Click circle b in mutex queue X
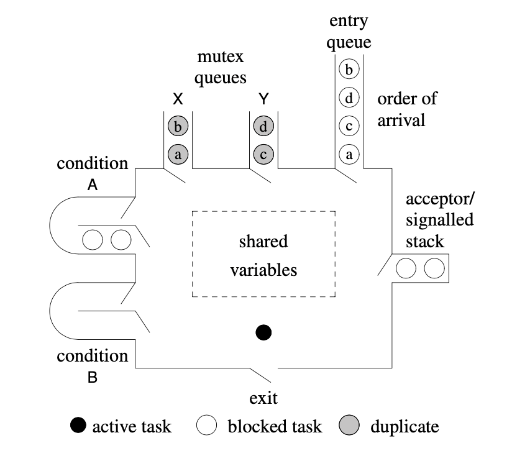pos(178,127)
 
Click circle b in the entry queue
pos(349,69)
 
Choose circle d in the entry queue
pos(349,98)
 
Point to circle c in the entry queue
pos(349,126)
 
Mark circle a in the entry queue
pos(349,155)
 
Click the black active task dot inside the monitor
pos(263,333)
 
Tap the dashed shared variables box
pos(264,255)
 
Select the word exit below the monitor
pos(263,398)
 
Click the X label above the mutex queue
pos(177,99)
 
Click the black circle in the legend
pos(79,426)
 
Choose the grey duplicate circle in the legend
pos(349,426)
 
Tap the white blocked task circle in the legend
pos(206,426)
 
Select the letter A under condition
pos(92,185)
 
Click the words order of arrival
pos(407,109)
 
